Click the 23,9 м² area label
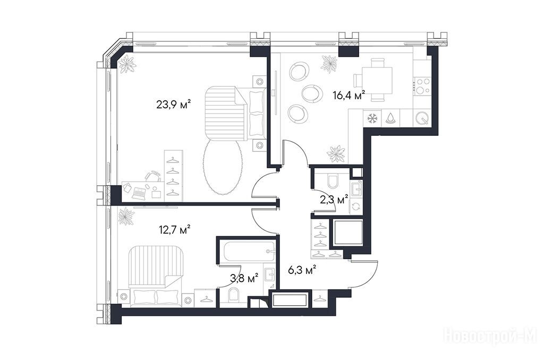pos(174,104)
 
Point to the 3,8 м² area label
pos(244,278)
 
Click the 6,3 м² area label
pos(302,270)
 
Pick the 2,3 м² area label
pos(334,200)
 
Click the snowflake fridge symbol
pos(372,118)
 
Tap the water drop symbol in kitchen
pos(390,118)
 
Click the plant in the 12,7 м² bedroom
pos(126,216)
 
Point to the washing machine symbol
pos(356,207)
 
